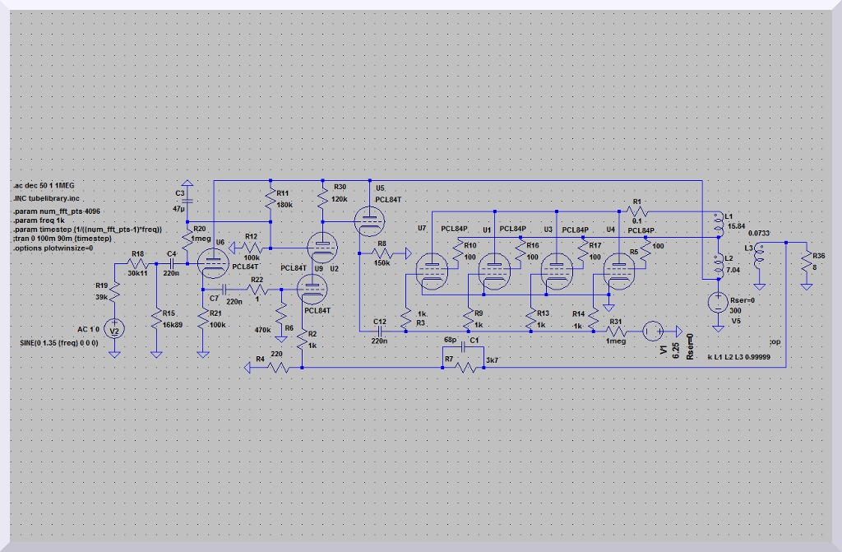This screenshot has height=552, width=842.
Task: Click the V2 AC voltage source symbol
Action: [x=115, y=330]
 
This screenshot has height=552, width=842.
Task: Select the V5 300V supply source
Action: [x=718, y=301]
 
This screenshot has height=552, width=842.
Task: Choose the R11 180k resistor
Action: [x=271, y=200]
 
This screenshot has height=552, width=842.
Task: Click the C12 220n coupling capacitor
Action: [x=380, y=331]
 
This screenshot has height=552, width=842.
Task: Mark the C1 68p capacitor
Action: [x=465, y=348]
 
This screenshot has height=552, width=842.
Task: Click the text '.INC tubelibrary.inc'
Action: [x=46, y=199]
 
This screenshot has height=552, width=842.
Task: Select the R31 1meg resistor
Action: [x=616, y=331]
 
